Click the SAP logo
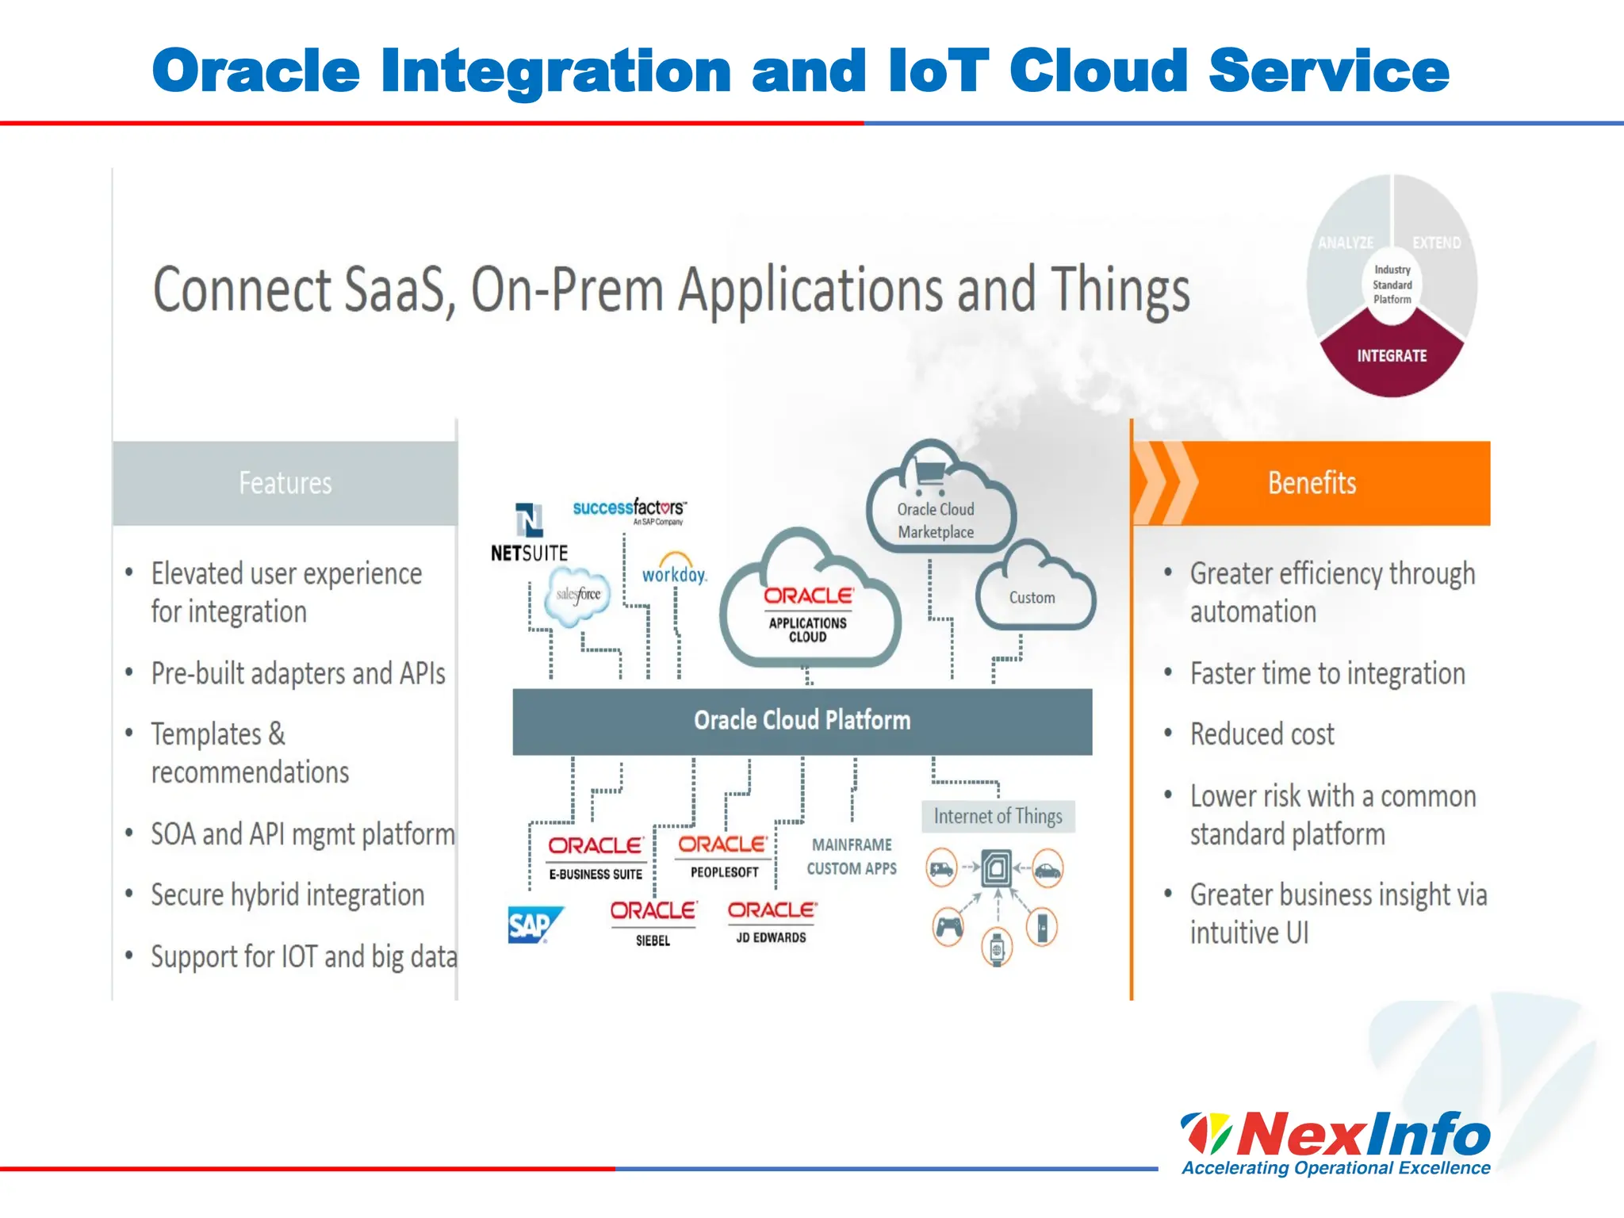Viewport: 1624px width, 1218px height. [x=534, y=925]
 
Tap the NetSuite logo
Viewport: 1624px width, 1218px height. [x=529, y=533]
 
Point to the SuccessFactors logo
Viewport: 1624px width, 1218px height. [x=630, y=510]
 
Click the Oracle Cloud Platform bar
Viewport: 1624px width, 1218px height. [x=802, y=721]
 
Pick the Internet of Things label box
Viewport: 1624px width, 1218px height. [x=998, y=816]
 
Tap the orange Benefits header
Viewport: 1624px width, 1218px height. [x=1312, y=483]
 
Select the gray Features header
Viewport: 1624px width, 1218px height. [x=285, y=483]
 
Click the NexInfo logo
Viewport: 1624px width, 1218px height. [x=1335, y=1142]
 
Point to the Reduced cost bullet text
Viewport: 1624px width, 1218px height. [x=1262, y=734]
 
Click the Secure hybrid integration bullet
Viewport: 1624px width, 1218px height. [x=287, y=895]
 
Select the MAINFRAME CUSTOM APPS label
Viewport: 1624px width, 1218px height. [x=852, y=856]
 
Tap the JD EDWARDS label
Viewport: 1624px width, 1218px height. [x=771, y=937]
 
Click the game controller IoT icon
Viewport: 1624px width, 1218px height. [x=948, y=926]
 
